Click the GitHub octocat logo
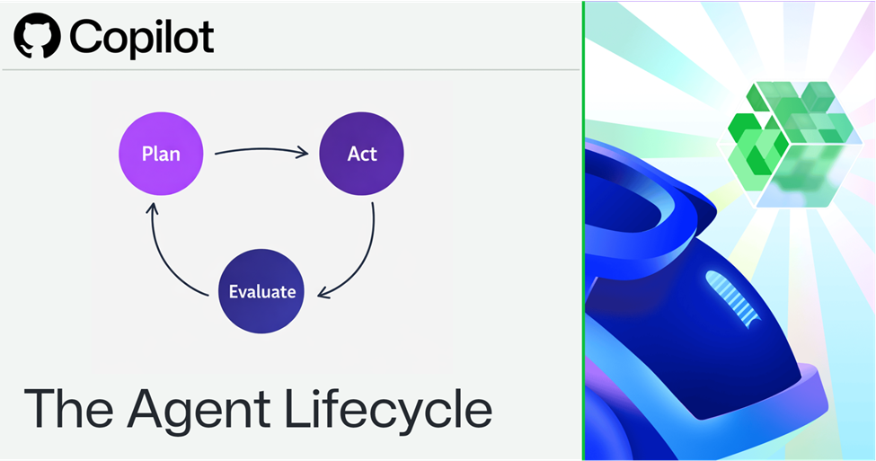pyautogui.click(x=37, y=36)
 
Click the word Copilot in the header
pyautogui.click(x=141, y=38)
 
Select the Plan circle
pyautogui.click(x=161, y=154)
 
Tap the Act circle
pyautogui.click(x=361, y=154)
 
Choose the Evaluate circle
pyautogui.click(x=261, y=291)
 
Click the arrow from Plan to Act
pyautogui.click(x=261, y=150)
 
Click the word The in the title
pyautogui.click(x=69, y=409)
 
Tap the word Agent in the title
pyautogui.click(x=199, y=412)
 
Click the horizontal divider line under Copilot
pyautogui.click(x=290, y=70)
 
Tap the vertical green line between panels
pyautogui.click(x=583, y=231)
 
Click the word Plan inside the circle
pyautogui.click(x=161, y=154)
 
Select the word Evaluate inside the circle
pyautogui.click(x=262, y=291)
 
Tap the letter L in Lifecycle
pyautogui.click(x=297, y=409)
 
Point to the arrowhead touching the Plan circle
pyautogui.click(x=152, y=208)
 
